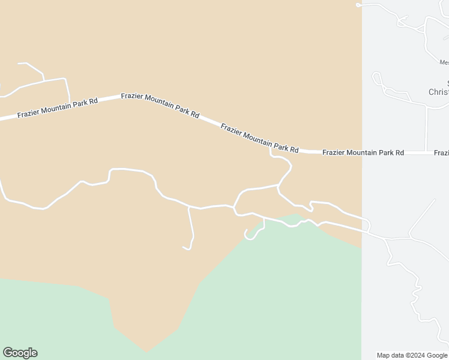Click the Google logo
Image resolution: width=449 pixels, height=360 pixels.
tap(20, 353)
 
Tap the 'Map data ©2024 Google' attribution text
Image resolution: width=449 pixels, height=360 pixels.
tap(412, 355)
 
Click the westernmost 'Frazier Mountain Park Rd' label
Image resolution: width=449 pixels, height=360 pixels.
tap(57, 108)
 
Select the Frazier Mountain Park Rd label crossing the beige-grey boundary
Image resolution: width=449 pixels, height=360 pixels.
tap(363, 152)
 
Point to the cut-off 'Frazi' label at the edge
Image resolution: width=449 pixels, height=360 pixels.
tap(441, 152)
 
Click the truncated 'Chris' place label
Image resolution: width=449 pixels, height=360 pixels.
tap(438, 92)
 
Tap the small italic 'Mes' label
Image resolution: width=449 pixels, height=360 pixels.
tap(444, 62)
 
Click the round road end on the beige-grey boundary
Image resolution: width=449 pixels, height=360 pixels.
tap(358, 5)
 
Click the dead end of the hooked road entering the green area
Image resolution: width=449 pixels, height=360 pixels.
tap(246, 231)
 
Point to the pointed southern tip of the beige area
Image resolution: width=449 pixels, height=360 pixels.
tap(146, 352)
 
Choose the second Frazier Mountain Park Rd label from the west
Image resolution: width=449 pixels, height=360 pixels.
tap(160, 104)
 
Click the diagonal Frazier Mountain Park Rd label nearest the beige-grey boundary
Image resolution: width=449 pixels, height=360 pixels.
tap(259, 137)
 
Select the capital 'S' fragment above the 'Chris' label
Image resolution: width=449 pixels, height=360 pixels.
tap(447, 83)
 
